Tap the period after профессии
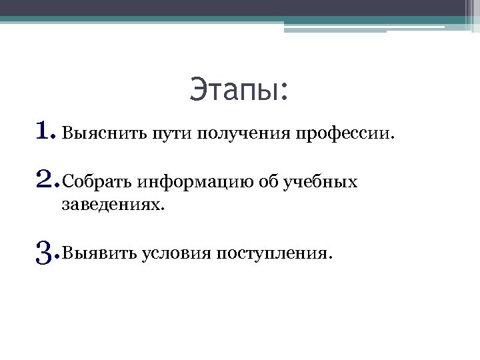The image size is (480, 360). (x=392, y=139)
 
